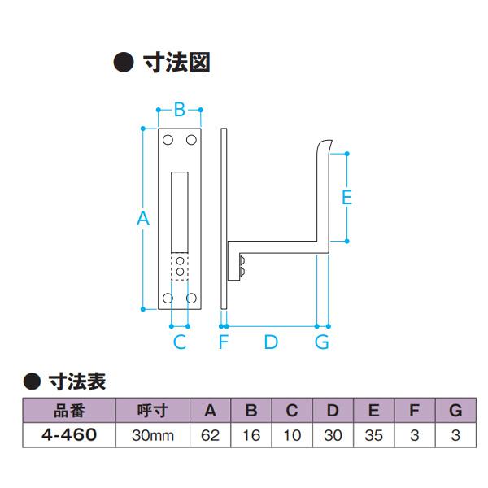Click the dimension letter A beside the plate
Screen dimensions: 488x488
coord(143,218)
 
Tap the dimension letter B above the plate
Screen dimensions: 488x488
coord(180,109)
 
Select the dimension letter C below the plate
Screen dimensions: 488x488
coord(180,342)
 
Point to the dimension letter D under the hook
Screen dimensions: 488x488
coord(271,342)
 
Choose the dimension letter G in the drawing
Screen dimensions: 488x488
coord(322,342)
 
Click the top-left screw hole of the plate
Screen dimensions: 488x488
coord(168,141)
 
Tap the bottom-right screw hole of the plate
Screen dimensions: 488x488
coord(193,298)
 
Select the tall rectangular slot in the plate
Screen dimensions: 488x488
coord(180,210)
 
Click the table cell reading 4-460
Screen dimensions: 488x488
coord(69,435)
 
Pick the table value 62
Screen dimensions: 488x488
coord(210,435)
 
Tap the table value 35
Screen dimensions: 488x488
coord(374,435)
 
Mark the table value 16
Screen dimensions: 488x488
coord(251,435)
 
